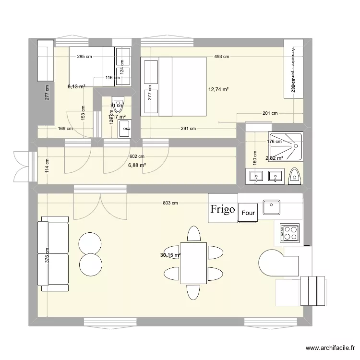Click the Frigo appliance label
(223, 208)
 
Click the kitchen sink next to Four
(272, 206)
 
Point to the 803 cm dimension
(170, 203)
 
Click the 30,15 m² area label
(170, 255)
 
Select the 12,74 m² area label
(218, 89)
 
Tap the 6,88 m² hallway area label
(137, 165)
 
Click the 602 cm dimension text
(137, 156)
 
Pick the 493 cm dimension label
(221, 57)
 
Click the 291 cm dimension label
(189, 129)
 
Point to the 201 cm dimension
(270, 114)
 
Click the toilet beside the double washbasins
(294, 177)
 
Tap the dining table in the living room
(193, 262)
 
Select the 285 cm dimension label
(84, 57)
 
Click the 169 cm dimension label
(65, 129)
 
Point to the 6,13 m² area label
(76, 86)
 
